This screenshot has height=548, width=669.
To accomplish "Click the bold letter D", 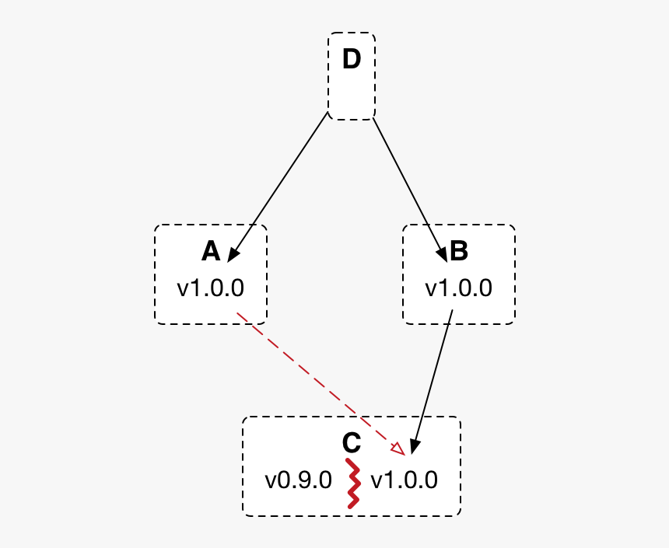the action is pyautogui.click(x=352, y=59).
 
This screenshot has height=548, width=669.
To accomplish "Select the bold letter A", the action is pyautogui.click(x=211, y=251).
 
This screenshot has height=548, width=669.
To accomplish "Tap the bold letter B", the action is pyautogui.click(x=459, y=251).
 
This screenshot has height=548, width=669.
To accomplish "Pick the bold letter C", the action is pyautogui.click(x=352, y=442).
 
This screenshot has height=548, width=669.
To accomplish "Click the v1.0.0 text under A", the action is pyautogui.click(x=210, y=288).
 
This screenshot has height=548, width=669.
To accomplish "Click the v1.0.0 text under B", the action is pyautogui.click(x=459, y=288).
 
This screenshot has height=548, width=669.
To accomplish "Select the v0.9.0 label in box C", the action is pyautogui.click(x=298, y=480).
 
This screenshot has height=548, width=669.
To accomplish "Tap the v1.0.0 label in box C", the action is pyautogui.click(x=404, y=480).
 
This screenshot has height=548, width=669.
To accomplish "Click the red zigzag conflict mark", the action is pyautogui.click(x=353, y=483).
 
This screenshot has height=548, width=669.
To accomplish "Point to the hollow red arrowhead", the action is pyautogui.click(x=399, y=449).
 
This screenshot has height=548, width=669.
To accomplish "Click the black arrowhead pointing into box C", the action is pyautogui.click(x=415, y=447).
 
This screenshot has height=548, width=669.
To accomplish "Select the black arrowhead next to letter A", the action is pyautogui.click(x=233, y=255).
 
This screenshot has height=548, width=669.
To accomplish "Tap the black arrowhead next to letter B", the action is pyautogui.click(x=442, y=255).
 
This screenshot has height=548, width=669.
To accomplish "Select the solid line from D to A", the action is pyautogui.click(x=278, y=187).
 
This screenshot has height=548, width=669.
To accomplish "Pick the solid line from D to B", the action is pyautogui.click(x=410, y=190).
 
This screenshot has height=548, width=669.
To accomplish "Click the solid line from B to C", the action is pyautogui.click(x=432, y=382).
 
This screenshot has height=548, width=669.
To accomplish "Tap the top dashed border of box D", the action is pyautogui.click(x=352, y=33).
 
